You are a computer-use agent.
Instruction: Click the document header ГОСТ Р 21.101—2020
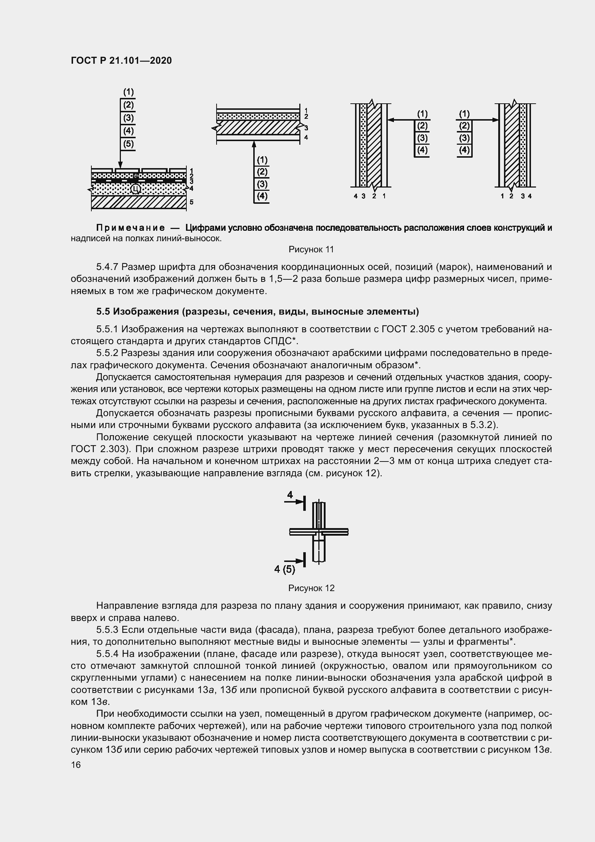(x=121, y=60)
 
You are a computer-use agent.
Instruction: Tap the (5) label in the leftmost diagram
(x=128, y=143)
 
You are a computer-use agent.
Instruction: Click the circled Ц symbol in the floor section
(x=136, y=189)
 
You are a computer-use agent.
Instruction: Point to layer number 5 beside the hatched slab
(x=191, y=202)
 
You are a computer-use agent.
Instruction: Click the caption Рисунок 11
(x=311, y=249)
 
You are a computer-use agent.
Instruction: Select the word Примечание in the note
(x=130, y=228)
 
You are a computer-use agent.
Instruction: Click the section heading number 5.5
(x=103, y=311)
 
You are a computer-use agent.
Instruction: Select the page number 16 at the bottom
(x=76, y=765)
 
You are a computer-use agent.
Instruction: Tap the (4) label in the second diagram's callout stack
(x=262, y=196)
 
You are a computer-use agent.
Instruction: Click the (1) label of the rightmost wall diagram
(x=464, y=114)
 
